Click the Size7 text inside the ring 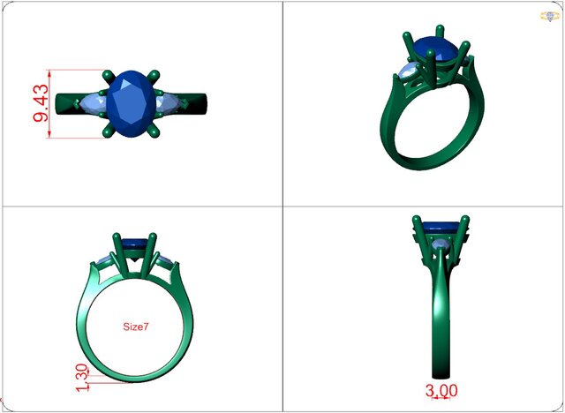click(135, 327)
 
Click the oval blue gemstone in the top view click(132, 104)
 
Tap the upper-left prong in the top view click(107, 77)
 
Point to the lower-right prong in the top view click(156, 132)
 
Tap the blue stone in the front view click(134, 242)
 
